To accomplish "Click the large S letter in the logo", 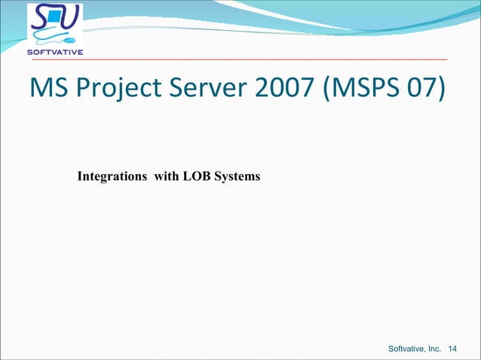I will click(x=44, y=18).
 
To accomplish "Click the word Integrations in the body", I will click(x=112, y=177).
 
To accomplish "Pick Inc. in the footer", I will click(x=435, y=348).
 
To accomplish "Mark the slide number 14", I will click(x=453, y=348).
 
